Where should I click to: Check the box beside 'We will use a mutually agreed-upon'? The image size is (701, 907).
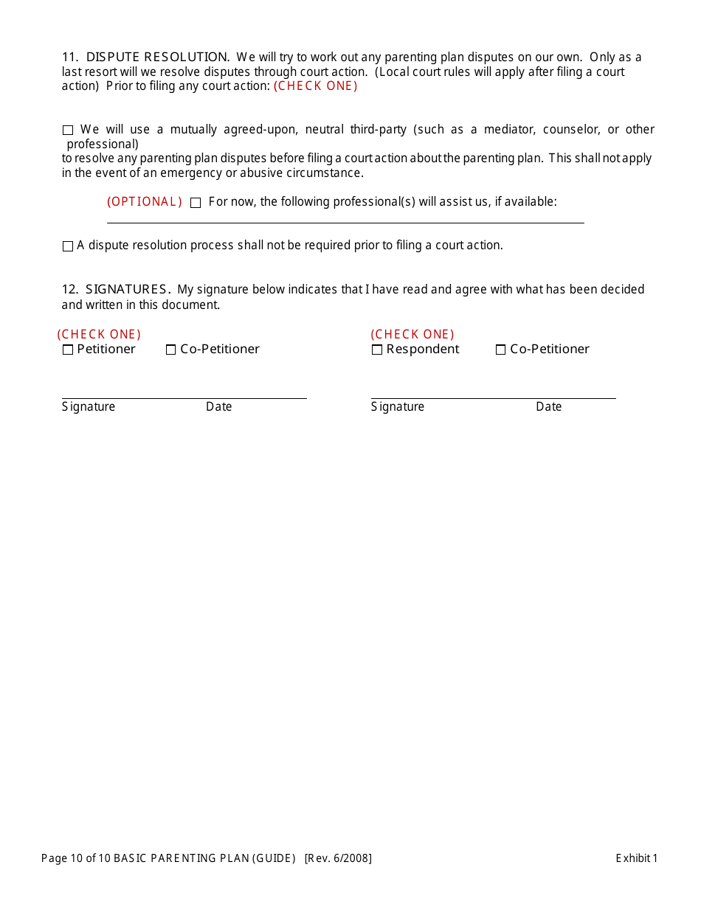point(68,131)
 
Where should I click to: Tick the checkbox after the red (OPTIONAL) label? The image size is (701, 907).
point(196,203)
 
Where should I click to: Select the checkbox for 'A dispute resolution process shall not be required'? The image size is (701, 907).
point(68,246)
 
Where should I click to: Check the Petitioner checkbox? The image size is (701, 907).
point(68,350)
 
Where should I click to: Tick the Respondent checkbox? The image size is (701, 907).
point(377,350)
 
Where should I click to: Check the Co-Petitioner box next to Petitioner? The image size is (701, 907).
point(171,350)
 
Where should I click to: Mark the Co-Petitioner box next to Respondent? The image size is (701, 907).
point(501,350)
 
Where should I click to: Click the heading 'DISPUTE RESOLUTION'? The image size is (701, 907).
point(157,57)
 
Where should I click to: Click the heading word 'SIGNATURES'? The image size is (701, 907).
point(126,289)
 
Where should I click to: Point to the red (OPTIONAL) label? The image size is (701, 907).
point(145,202)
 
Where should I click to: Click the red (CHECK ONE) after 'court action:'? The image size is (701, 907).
point(316,86)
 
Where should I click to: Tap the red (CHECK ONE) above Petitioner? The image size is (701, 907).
point(99,334)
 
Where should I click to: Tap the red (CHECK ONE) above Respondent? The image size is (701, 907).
point(412,334)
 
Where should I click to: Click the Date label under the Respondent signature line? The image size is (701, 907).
point(548,406)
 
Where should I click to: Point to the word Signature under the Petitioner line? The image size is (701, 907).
point(89,406)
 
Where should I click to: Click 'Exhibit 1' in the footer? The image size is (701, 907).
point(636,858)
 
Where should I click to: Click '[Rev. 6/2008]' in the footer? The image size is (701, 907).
point(338,858)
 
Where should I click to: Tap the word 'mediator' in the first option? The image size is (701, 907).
point(507,130)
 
